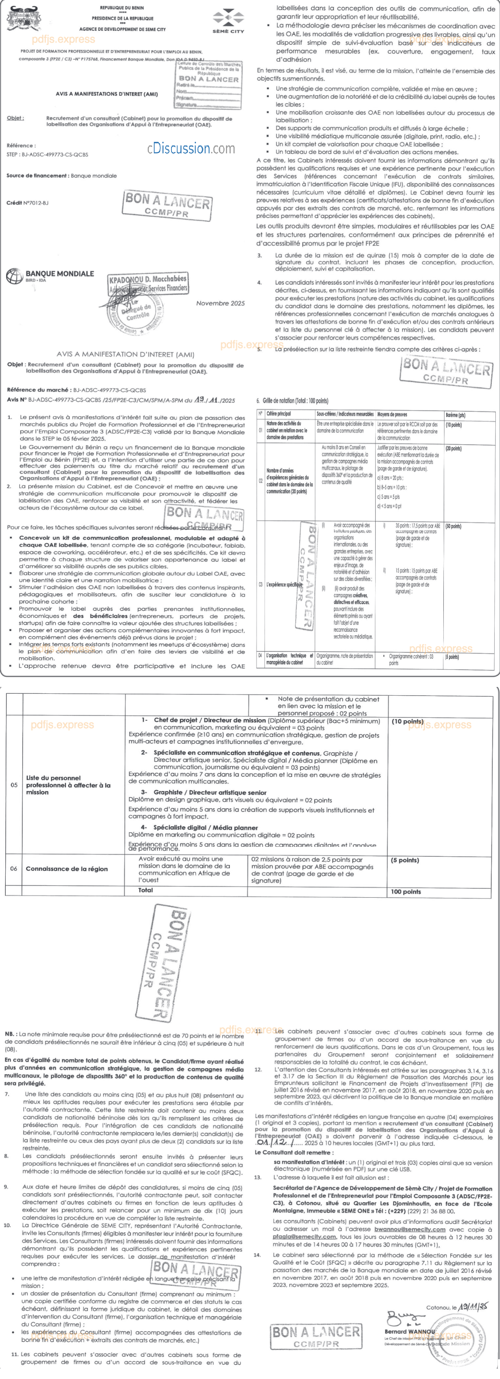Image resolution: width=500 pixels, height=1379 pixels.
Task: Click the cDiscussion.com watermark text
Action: (x=191, y=148)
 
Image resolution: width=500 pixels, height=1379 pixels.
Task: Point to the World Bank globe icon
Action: (x=14, y=276)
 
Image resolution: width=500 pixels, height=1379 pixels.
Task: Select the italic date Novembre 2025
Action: (x=220, y=303)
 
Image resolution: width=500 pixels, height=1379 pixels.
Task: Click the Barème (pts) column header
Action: (x=455, y=414)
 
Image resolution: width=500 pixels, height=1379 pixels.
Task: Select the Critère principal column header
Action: (x=279, y=414)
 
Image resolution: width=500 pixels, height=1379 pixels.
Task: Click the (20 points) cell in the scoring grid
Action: (x=453, y=449)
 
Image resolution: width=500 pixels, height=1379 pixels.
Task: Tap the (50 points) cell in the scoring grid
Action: (x=453, y=526)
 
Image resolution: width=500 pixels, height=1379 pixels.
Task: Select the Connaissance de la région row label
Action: (x=66, y=869)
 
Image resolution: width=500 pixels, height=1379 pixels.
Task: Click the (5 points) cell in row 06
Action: (x=405, y=860)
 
